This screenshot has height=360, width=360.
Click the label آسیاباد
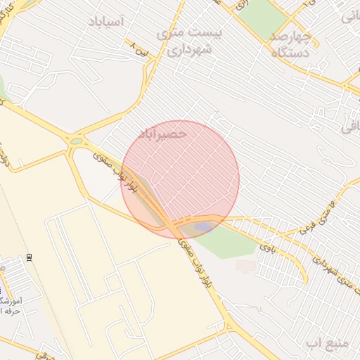(x=106, y=22)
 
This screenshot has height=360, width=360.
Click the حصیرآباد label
(x=163, y=132)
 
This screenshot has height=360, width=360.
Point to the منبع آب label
(x=328, y=342)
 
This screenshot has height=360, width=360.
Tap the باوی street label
(x=264, y=246)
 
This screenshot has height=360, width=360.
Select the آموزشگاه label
(x=12, y=301)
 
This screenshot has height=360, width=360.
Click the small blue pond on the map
(x=203, y=226)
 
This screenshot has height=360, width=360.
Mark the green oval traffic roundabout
(x=75, y=141)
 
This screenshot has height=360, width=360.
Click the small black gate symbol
(x=29, y=256)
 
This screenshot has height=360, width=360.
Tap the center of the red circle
(x=181, y=179)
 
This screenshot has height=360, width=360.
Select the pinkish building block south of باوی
(x=246, y=266)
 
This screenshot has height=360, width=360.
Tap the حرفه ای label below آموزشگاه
(x=10, y=311)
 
